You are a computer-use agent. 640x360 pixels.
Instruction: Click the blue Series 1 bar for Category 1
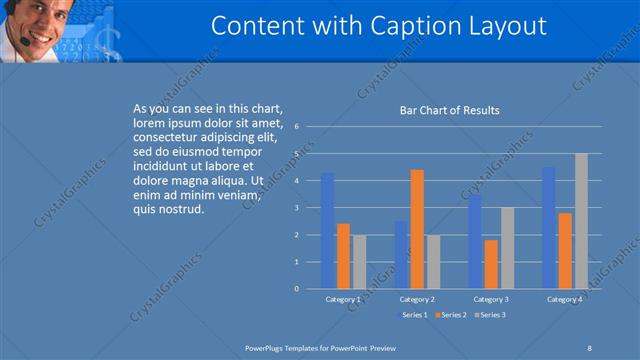point(327,231)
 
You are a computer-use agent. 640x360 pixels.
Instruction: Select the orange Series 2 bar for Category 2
point(417,230)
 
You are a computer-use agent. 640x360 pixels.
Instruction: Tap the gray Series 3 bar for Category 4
point(581,221)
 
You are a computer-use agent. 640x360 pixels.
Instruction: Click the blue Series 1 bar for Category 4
point(549,228)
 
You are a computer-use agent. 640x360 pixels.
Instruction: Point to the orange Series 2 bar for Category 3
point(491,264)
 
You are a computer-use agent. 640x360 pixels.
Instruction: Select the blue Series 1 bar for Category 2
point(401,255)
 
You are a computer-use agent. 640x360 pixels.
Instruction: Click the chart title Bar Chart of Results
point(443,110)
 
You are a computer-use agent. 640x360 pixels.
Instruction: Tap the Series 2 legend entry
point(452,315)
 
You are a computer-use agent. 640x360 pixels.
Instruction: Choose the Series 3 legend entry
point(490,315)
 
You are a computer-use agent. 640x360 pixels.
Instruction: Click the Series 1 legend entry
point(414,315)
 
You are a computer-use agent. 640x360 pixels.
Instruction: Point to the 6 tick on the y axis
point(297,127)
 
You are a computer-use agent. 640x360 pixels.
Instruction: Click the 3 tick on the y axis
point(297,208)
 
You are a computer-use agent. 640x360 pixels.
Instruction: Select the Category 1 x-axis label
point(343,299)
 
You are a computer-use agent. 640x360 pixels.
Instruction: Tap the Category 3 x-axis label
point(491,299)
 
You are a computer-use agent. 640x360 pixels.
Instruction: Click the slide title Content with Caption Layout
point(379,26)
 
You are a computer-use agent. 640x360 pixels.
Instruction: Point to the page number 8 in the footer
point(589,346)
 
